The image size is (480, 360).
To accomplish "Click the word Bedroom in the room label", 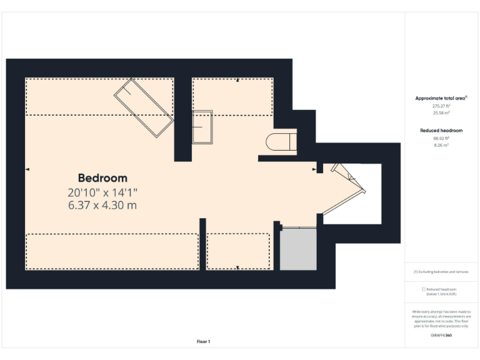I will click(x=102, y=178).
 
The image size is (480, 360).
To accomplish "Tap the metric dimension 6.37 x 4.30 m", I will click(x=102, y=204).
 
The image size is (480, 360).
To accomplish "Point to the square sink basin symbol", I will click(x=202, y=127).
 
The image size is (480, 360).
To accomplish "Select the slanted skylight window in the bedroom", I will click(x=143, y=107).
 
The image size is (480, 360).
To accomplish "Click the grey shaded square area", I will click(x=298, y=249).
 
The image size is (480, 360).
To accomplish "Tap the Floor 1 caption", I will click(x=204, y=341).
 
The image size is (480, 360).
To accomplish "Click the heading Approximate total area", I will click(x=441, y=98).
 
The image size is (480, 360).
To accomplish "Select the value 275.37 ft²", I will click(x=441, y=106).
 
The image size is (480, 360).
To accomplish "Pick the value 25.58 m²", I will click(x=441, y=113).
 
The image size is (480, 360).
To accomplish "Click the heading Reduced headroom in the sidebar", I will click(x=441, y=131).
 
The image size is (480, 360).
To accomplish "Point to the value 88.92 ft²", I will click(x=441, y=138).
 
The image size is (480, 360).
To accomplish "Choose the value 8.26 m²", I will click(x=441, y=145).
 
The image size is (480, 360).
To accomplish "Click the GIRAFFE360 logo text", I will click(x=441, y=336).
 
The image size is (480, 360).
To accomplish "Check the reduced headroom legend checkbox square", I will click(x=423, y=289).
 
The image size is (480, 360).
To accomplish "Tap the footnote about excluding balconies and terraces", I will click(x=441, y=272).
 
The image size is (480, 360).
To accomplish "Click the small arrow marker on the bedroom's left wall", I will click(x=27, y=169).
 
